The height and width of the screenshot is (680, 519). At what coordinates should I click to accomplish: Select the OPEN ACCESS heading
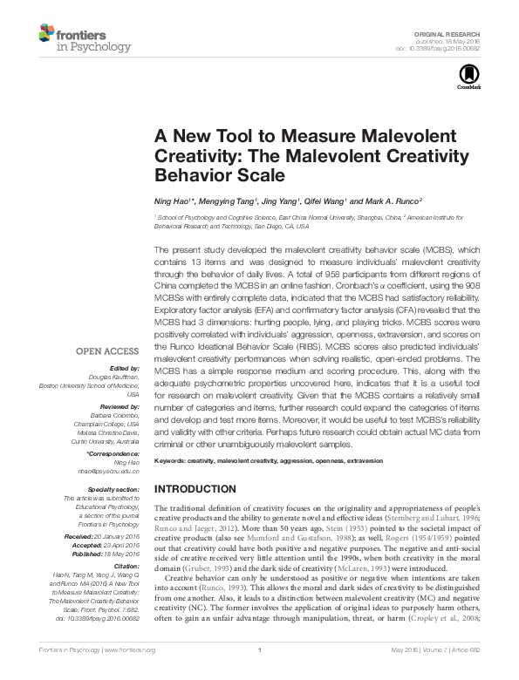point(108,351)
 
